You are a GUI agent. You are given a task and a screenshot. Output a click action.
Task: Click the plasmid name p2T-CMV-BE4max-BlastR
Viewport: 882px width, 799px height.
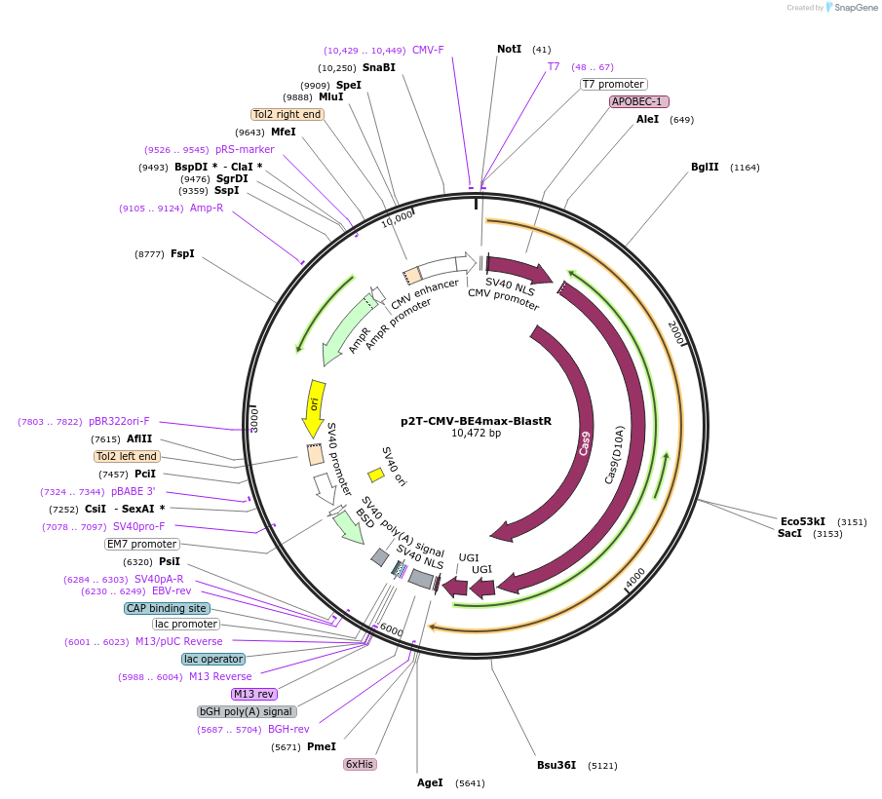(x=476, y=421)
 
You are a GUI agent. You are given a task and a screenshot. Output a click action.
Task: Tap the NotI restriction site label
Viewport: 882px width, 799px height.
(x=509, y=49)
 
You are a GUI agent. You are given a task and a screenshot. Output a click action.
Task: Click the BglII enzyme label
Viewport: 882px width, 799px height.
(x=705, y=167)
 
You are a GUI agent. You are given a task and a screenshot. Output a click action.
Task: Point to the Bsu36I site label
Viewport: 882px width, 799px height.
(x=556, y=765)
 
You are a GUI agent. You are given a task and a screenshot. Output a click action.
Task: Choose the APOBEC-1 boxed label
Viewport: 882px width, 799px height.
(x=639, y=101)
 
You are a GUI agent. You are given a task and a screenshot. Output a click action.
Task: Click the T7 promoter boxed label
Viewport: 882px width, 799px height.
(x=613, y=84)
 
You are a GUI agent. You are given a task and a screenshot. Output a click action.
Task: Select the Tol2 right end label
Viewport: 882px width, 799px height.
(x=287, y=114)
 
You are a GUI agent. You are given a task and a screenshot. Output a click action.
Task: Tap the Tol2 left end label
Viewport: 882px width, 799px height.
(x=127, y=456)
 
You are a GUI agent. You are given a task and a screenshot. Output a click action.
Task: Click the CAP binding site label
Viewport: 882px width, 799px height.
(x=167, y=608)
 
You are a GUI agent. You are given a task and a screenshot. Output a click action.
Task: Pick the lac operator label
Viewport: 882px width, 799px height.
(x=213, y=659)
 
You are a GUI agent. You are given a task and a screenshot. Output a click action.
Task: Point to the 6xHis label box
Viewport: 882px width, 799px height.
(x=360, y=764)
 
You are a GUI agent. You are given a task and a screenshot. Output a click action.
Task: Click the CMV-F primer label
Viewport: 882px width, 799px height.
(x=428, y=50)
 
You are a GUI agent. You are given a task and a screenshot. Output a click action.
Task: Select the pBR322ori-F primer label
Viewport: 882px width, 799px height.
(x=119, y=421)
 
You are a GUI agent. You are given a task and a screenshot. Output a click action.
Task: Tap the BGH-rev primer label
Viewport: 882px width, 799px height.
(x=288, y=729)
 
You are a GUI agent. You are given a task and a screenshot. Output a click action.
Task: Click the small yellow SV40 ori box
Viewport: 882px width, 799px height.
(x=375, y=476)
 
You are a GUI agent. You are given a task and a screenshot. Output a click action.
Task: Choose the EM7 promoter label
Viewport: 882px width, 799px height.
(x=142, y=544)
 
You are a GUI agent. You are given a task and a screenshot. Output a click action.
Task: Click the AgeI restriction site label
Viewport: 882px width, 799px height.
(x=430, y=782)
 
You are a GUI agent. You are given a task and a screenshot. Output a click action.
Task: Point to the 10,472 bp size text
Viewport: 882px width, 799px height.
(x=476, y=434)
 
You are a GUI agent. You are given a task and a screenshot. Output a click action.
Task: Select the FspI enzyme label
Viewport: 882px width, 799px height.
(x=182, y=254)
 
